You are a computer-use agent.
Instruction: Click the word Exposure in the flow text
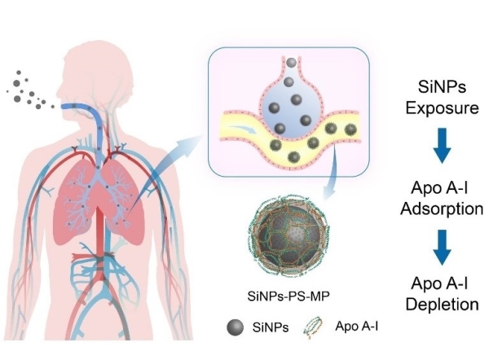[x=441, y=108]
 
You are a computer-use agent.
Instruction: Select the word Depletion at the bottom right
[x=441, y=306]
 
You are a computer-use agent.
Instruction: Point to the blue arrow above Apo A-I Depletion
[x=441, y=248]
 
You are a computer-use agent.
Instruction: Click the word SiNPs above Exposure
[x=441, y=86]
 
